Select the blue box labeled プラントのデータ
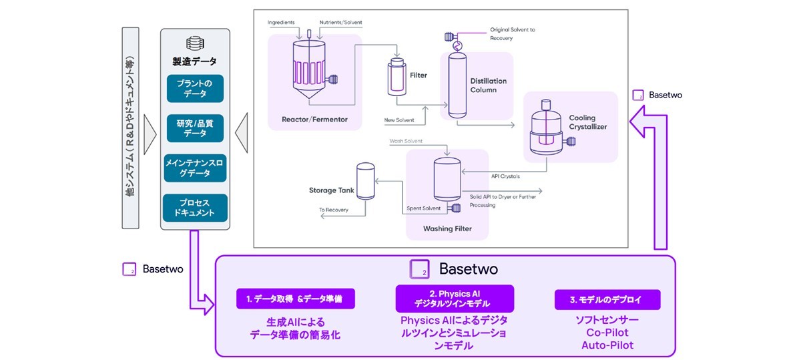coord(195,88)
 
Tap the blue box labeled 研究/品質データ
coord(195,128)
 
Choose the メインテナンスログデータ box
coord(195,168)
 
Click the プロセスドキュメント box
coord(195,208)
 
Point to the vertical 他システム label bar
coord(130,127)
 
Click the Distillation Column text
coord(488,85)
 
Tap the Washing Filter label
coord(447,228)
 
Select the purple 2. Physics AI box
coord(455,299)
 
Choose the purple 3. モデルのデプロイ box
coord(607,299)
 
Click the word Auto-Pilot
coord(607,345)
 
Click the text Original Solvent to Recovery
coord(513,34)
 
